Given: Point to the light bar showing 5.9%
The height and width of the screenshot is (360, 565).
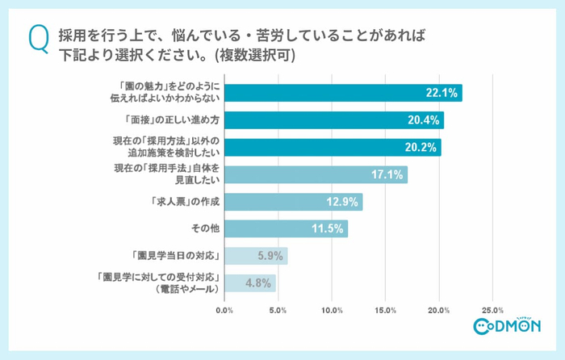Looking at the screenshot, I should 256,256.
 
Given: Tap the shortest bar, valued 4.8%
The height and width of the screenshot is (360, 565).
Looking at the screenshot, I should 250,283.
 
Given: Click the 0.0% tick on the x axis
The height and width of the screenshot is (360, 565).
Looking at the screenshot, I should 225,309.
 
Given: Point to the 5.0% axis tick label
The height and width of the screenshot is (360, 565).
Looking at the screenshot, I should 278,309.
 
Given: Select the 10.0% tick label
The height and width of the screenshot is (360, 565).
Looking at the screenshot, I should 332,309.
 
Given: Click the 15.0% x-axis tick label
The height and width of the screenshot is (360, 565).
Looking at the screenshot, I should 385,309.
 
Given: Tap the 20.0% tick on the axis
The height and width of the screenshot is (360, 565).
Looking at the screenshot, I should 439,309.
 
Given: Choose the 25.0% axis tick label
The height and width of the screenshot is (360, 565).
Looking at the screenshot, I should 492,309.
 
